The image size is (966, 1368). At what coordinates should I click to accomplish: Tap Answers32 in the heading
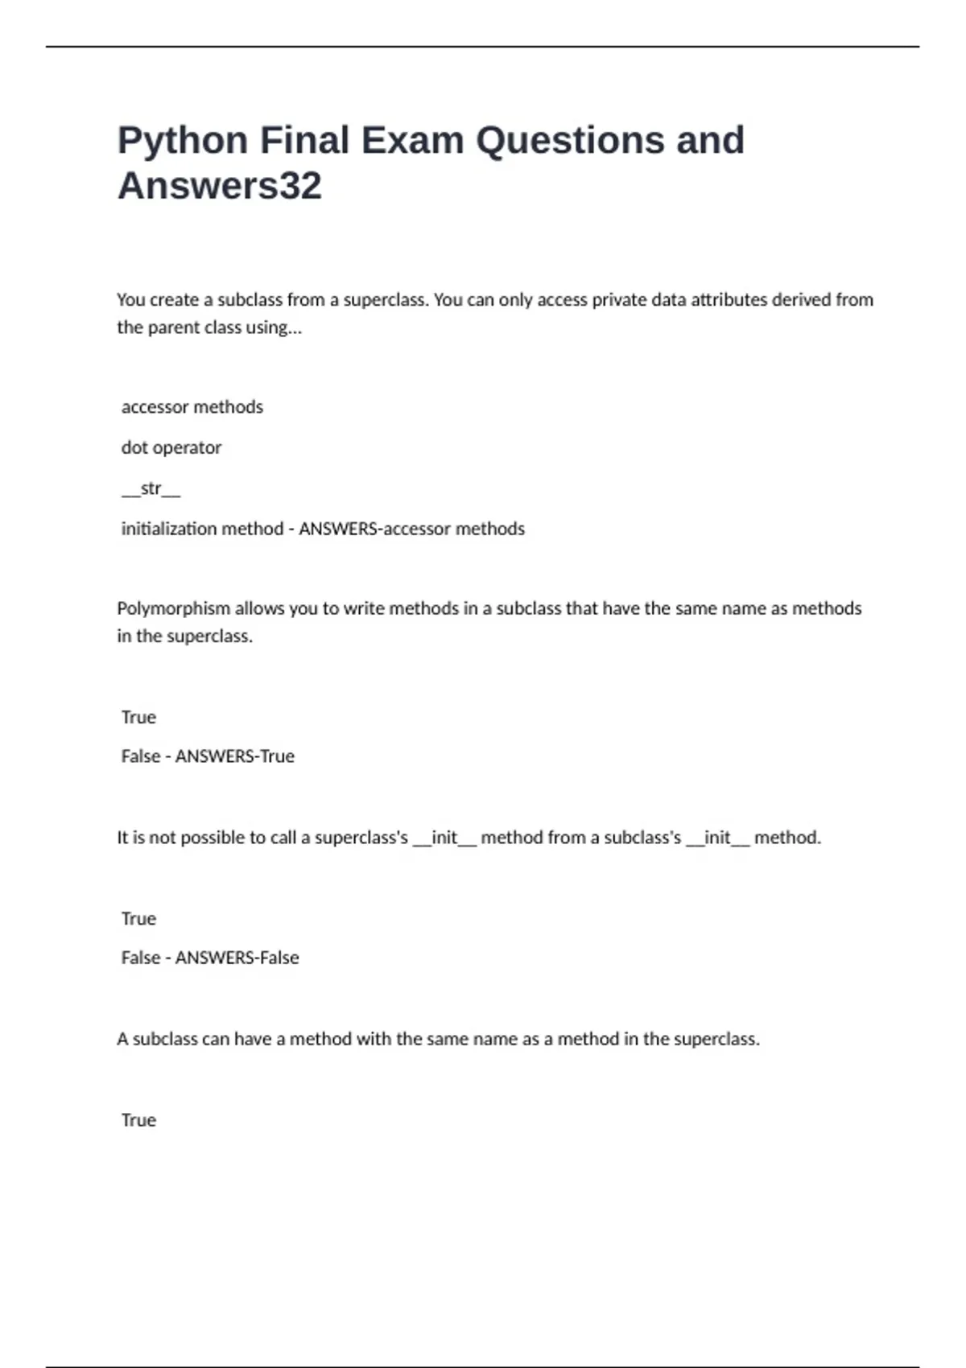pyautogui.click(x=220, y=186)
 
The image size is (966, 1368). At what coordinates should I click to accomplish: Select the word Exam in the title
pyautogui.click(x=412, y=141)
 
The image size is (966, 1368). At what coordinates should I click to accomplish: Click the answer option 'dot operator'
pyautogui.click(x=171, y=447)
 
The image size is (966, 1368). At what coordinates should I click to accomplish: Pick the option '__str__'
pyautogui.click(x=151, y=488)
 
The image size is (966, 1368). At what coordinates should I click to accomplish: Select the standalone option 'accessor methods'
pyautogui.click(x=192, y=407)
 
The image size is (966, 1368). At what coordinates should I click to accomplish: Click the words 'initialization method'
pyautogui.click(x=202, y=529)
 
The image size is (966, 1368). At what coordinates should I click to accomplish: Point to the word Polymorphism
pyautogui.click(x=173, y=608)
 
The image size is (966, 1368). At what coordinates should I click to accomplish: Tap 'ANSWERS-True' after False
pyautogui.click(x=235, y=756)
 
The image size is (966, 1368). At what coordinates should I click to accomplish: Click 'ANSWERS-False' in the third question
pyautogui.click(x=237, y=958)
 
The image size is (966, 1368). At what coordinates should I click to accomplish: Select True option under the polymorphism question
pyautogui.click(x=138, y=717)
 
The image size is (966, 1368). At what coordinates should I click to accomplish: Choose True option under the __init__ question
pyautogui.click(x=138, y=918)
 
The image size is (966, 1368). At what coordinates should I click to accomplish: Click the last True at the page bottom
pyautogui.click(x=138, y=1120)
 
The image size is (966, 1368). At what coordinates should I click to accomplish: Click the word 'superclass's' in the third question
pyautogui.click(x=361, y=838)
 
